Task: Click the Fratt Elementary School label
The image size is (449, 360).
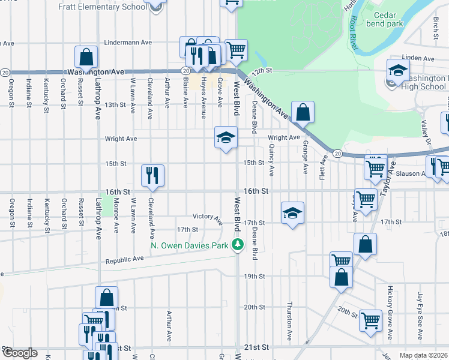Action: (102, 7)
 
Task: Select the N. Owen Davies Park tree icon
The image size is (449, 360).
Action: (238, 245)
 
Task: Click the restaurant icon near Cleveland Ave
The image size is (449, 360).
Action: (152, 175)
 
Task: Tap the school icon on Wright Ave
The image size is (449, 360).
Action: (226, 137)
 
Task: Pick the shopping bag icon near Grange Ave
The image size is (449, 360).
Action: (303, 112)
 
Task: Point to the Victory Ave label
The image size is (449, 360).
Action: (208, 217)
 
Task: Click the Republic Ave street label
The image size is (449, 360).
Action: (124, 260)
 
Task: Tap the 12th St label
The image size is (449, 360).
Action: (262, 71)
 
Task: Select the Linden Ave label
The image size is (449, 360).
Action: (419, 58)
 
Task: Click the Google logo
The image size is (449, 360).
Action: (20, 353)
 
